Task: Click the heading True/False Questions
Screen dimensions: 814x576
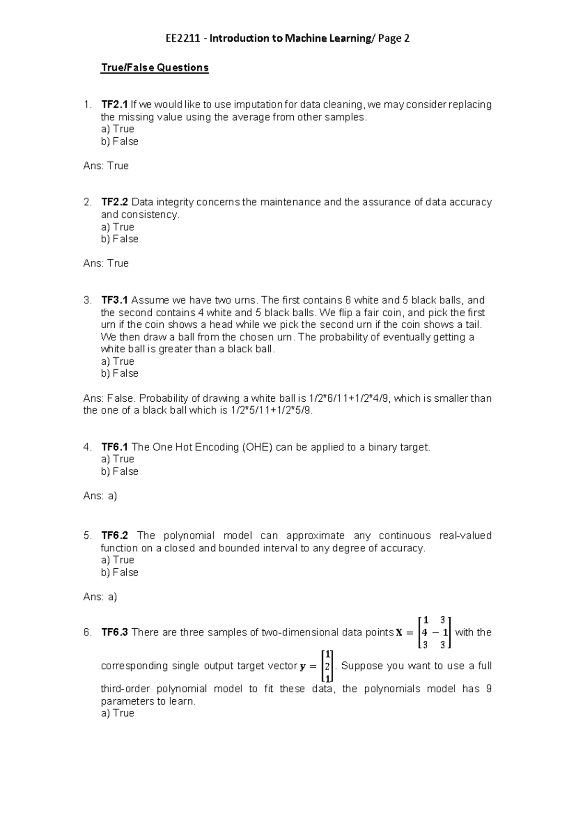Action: point(155,68)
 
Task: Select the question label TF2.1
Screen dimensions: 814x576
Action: point(114,105)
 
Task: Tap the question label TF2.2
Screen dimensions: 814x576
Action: point(114,202)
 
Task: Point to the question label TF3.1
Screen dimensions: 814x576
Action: point(114,300)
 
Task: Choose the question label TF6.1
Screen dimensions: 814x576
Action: point(114,447)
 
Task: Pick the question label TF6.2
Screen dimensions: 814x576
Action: point(114,536)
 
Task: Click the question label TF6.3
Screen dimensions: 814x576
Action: point(114,633)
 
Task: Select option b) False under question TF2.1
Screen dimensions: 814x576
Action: point(120,142)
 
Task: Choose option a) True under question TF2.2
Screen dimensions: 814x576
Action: point(118,227)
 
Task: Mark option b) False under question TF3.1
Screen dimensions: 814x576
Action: point(120,373)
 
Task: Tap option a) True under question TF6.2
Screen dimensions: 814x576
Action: point(118,560)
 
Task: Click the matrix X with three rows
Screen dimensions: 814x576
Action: point(434,633)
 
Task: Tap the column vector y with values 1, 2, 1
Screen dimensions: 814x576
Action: point(327,666)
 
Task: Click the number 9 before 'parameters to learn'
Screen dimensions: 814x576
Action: point(488,689)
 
